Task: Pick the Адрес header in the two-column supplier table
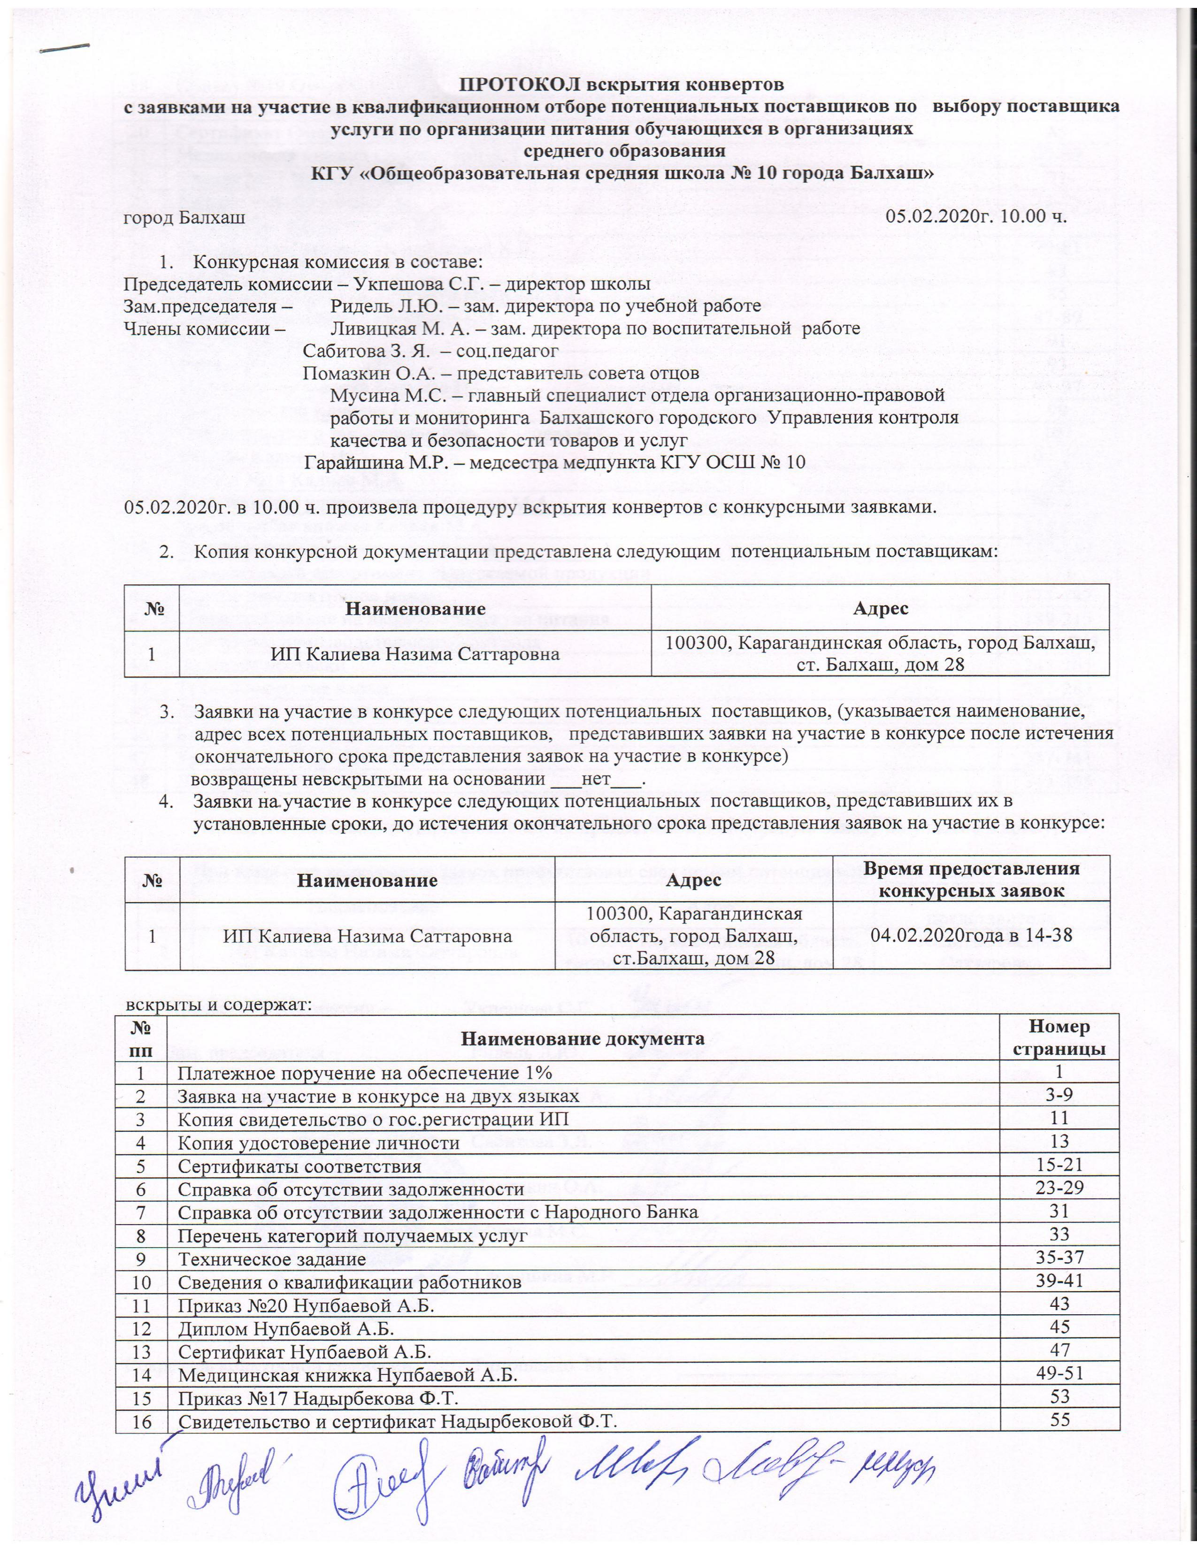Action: pyautogui.click(x=880, y=608)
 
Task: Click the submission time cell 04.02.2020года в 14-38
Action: pyautogui.click(x=972, y=937)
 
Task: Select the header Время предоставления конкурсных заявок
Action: pyautogui.click(x=972, y=880)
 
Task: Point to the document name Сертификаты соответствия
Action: pyautogui.click(x=299, y=1167)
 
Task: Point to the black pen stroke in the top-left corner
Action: pyautogui.click(x=65, y=47)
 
